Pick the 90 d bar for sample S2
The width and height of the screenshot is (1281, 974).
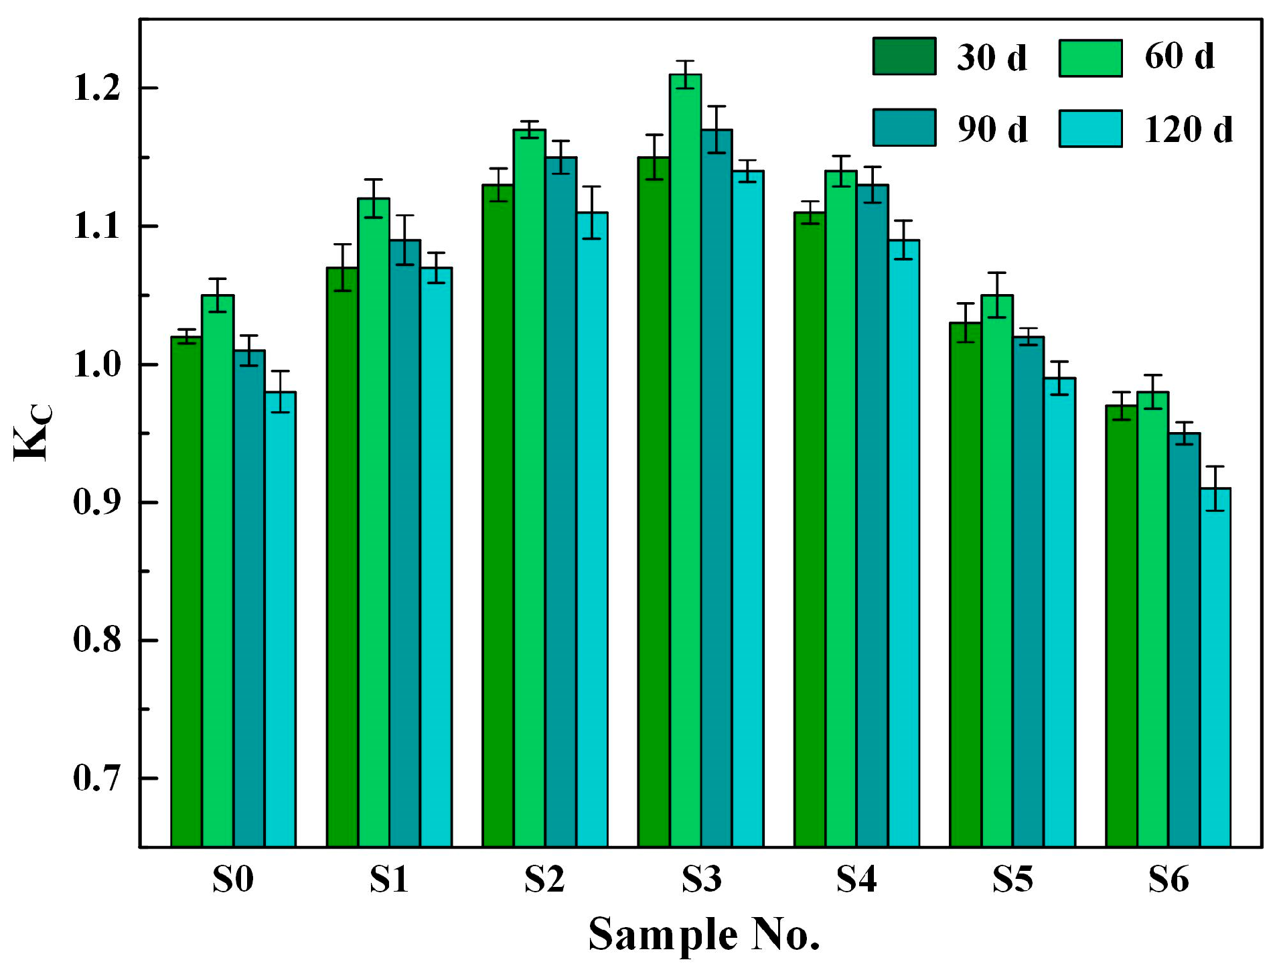point(560,502)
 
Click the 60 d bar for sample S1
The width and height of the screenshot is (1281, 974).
point(374,523)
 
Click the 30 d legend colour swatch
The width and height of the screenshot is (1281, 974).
point(903,56)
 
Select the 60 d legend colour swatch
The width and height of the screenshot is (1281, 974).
point(1089,58)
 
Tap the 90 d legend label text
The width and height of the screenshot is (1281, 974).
point(992,129)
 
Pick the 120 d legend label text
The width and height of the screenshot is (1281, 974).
point(1188,129)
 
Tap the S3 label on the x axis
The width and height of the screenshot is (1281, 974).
point(701,880)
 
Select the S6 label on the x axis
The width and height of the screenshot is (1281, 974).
point(1168,880)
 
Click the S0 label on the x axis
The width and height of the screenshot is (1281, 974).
point(233,880)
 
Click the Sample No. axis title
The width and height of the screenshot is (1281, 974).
point(704,934)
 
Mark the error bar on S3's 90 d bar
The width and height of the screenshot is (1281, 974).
point(717,129)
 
